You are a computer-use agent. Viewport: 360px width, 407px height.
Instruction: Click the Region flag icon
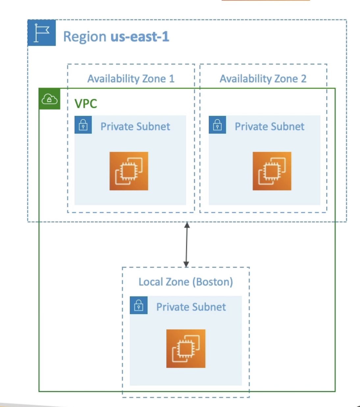[x=41, y=33]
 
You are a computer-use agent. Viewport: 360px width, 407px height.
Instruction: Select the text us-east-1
[x=140, y=36]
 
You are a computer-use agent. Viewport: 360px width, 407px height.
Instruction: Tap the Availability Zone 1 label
[x=131, y=79]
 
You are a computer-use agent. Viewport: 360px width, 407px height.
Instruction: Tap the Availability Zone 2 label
[x=263, y=79]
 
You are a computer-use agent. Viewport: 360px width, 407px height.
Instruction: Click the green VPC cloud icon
[x=49, y=99]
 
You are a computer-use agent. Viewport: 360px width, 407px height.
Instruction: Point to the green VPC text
[x=86, y=104]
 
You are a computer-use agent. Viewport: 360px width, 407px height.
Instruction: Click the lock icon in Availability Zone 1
[x=83, y=125]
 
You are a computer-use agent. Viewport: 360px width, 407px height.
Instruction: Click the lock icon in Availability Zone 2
[x=218, y=125]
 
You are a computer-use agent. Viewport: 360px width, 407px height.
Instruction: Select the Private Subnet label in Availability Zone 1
[x=135, y=127]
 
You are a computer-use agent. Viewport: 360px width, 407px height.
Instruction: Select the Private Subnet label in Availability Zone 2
[x=270, y=127]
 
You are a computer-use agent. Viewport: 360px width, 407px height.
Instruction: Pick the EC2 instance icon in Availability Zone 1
[x=129, y=171]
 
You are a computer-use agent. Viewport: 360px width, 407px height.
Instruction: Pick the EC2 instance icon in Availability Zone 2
[x=272, y=171]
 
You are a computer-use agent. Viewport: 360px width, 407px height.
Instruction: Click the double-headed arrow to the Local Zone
[x=187, y=245]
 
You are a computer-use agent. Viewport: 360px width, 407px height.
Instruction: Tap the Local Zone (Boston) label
[x=186, y=282]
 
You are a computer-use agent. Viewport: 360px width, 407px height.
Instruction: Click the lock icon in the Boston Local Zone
[x=139, y=305]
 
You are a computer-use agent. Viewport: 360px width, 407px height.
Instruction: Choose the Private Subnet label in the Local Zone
[x=191, y=307]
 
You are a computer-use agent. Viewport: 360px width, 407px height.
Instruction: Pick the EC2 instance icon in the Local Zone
[x=186, y=348]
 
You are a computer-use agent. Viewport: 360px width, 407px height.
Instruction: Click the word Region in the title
[x=85, y=36]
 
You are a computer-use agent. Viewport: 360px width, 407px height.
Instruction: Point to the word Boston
[x=213, y=282]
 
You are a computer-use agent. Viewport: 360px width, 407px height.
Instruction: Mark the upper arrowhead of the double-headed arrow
[x=187, y=225]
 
